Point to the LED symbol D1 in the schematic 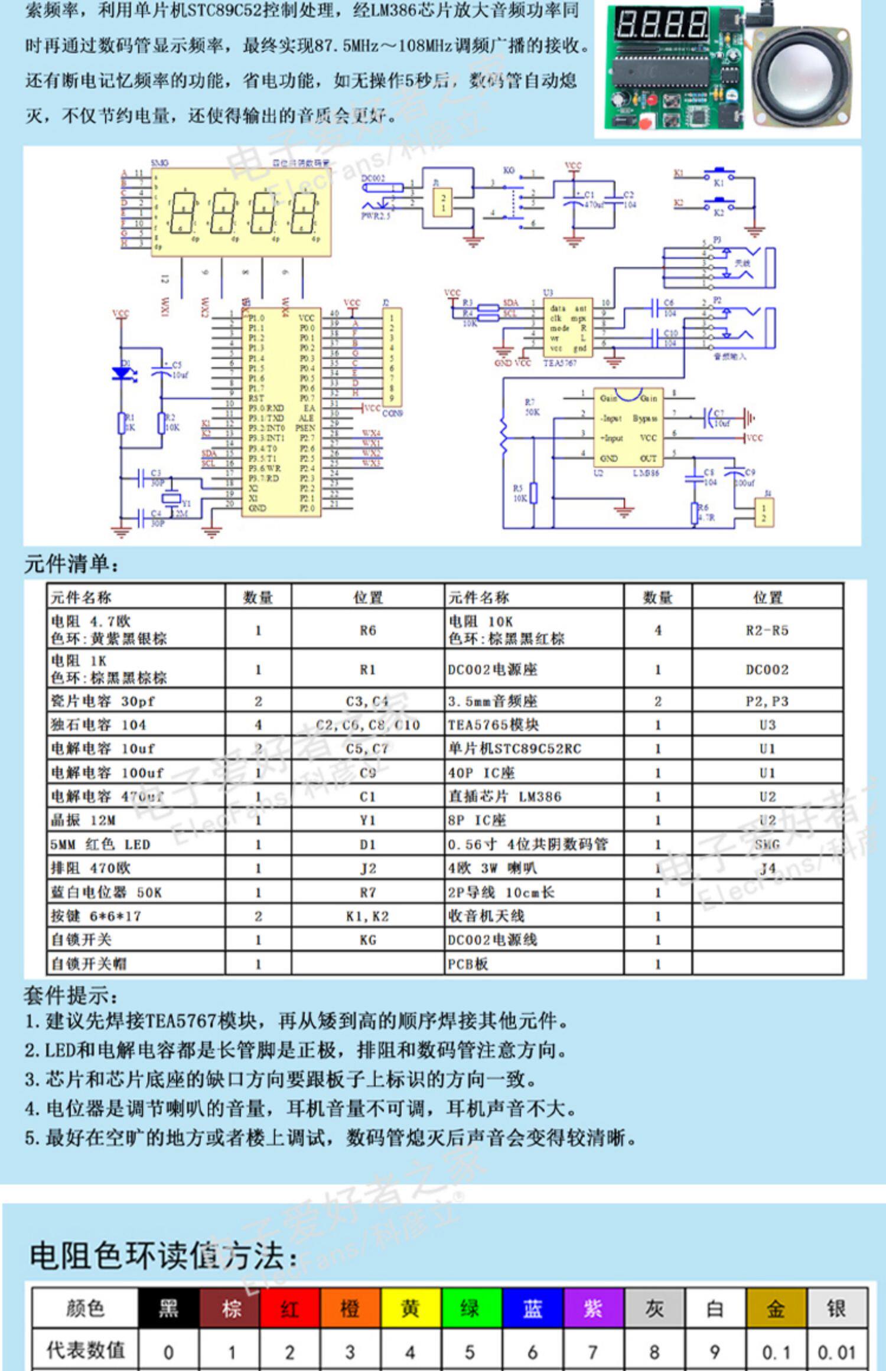tap(122, 373)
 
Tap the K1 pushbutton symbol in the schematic tap(719, 175)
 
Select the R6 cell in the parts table tap(367, 630)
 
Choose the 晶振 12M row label tap(83, 820)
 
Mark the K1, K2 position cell tap(367, 916)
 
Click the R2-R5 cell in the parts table tap(767, 630)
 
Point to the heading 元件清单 tap(71, 564)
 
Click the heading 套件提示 tap(71, 995)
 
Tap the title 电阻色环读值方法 tap(163, 1255)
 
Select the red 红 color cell tap(289, 1308)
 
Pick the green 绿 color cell tap(471, 1308)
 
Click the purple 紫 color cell tap(593, 1308)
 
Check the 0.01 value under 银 tap(836, 1352)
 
